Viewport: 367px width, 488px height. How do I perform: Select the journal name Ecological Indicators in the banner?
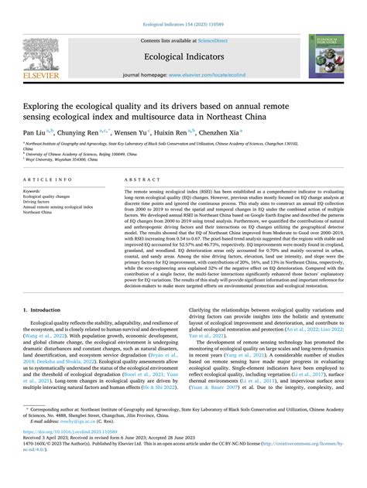[x=183, y=56]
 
